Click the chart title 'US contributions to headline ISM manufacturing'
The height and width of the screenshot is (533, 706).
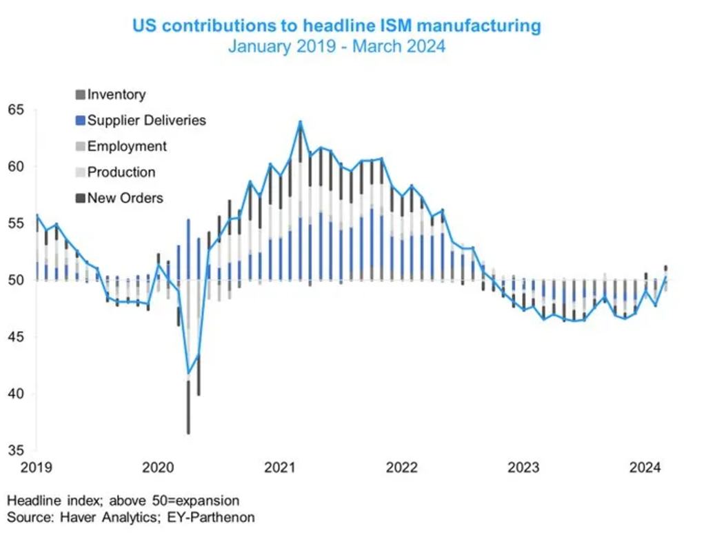tap(336, 26)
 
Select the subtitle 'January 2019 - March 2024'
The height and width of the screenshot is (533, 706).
tap(336, 47)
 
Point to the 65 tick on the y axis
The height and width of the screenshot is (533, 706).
tap(16, 110)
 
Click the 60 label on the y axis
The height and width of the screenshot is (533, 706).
tap(16, 166)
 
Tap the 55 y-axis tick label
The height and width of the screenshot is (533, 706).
tap(16, 223)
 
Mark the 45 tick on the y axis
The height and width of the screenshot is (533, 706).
tap(16, 337)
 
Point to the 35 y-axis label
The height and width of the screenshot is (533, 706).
tap(16, 451)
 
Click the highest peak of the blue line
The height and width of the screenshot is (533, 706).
tap(300, 122)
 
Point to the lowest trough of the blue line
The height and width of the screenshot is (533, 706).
tap(188, 374)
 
